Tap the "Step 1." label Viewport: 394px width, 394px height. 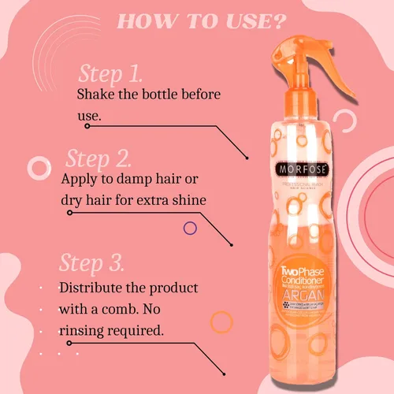tap(110, 75)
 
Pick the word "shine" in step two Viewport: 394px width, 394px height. tap(188, 199)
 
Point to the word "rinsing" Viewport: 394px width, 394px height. tap(89, 330)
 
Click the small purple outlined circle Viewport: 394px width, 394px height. tap(189, 229)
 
